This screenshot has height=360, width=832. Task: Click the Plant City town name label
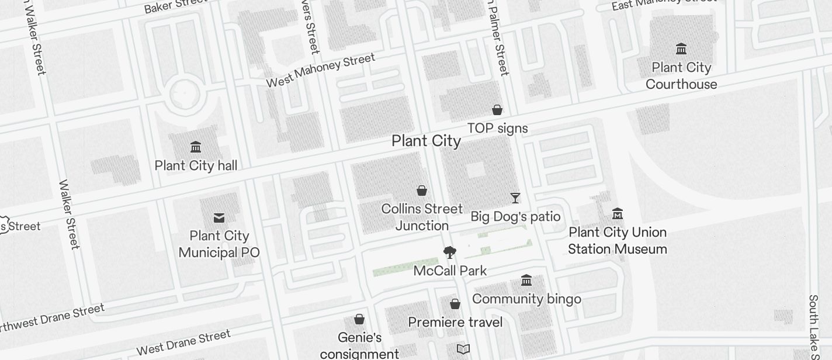click(426, 141)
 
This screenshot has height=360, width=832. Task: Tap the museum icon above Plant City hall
click(196, 147)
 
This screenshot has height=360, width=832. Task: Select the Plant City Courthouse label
click(681, 76)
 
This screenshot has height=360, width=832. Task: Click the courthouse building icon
click(681, 49)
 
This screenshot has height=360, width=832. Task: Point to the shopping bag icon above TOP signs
click(497, 110)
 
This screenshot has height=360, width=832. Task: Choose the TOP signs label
click(497, 129)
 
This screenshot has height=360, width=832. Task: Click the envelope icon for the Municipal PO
click(219, 218)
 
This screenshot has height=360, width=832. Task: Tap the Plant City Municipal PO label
click(219, 244)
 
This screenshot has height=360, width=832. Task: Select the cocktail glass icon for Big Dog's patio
click(515, 198)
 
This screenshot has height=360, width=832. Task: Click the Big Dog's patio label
click(515, 217)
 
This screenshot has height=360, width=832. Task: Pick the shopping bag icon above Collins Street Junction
click(421, 191)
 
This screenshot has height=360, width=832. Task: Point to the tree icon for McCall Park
click(449, 252)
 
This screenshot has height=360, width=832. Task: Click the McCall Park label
click(450, 271)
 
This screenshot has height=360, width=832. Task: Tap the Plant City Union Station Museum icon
click(618, 214)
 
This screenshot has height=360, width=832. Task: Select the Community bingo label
click(526, 299)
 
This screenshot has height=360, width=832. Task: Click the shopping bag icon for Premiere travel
click(455, 304)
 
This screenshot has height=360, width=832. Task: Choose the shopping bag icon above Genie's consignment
click(359, 319)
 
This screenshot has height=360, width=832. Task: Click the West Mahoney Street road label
click(320, 70)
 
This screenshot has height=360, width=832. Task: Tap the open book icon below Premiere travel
click(463, 349)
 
